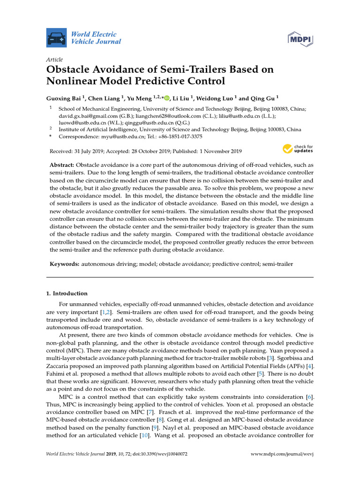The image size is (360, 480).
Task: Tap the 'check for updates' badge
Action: point(297,149)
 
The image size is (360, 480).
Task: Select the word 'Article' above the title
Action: point(54,60)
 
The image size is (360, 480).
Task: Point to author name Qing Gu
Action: point(263,98)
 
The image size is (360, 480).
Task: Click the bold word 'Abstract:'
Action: point(62,166)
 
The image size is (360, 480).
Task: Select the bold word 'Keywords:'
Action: point(65,264)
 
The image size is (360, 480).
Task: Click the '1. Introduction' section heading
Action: point(67,293)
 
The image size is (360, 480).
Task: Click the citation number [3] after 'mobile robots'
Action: point(282,358)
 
